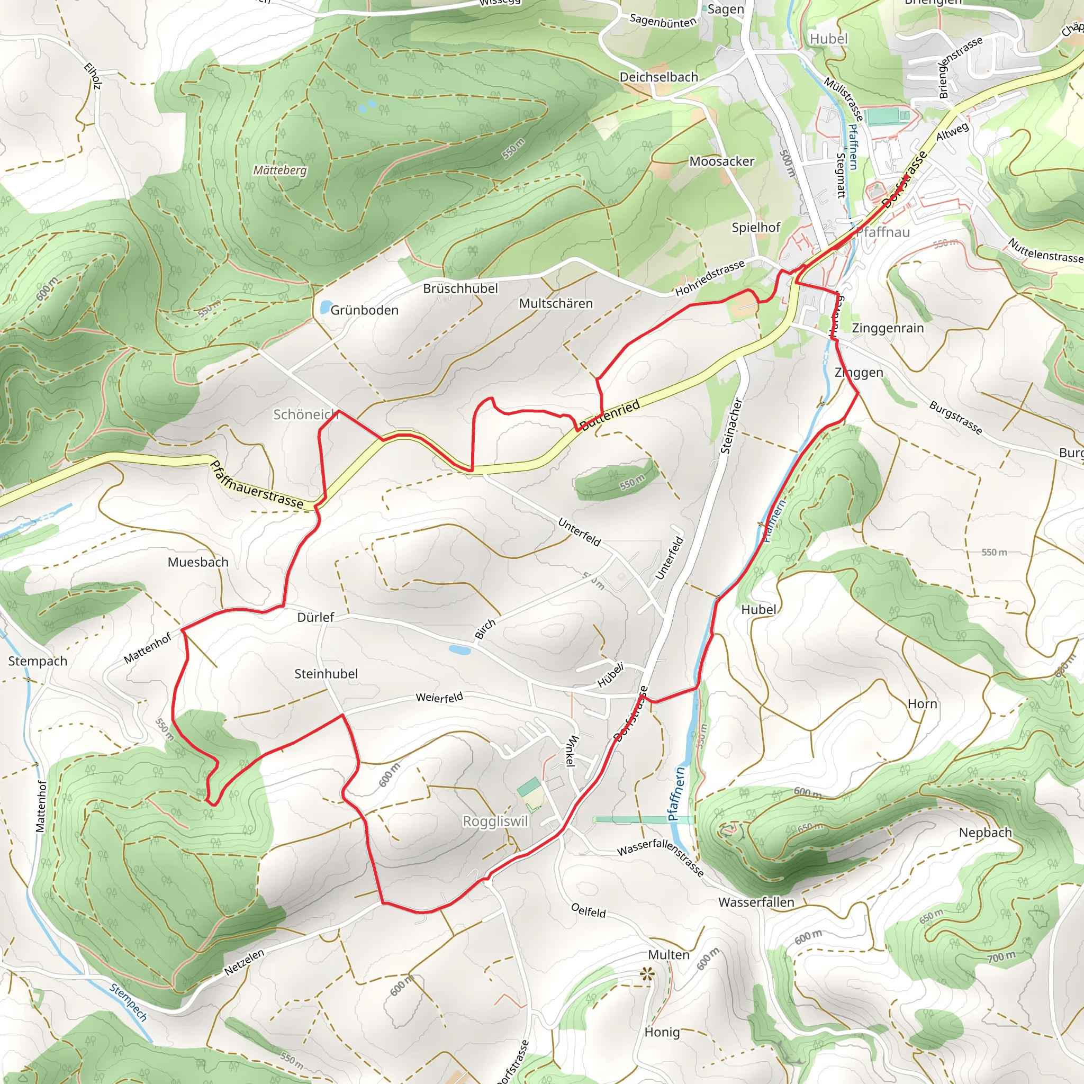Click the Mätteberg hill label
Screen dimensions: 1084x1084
pyautogui.click(x=280, y=170)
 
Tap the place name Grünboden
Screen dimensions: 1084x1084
pyautogui.click(x=364, y=310)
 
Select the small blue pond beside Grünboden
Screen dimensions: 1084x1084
pyautogui.click(x=324, y=307)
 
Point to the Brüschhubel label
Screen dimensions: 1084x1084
pyautogui.click(x=460, y=288)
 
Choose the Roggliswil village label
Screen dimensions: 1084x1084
pyautogui.click(x=495, y=821)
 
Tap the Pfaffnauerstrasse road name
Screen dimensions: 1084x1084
pyautogui.click(x=256, y=485)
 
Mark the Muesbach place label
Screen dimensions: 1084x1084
pyautogui.click(x=198, y=562)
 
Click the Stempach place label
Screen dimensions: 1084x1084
pyautogui.click(x=38, y=661)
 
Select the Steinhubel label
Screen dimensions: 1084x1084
pyautogui.click(x=326, y=674)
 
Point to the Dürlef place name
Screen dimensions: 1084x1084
pyautogui.click(x=315, y=617)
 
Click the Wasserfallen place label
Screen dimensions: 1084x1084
pyautogui.click(x=756, y=902)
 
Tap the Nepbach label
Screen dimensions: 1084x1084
pyautogui.click(x=985, y=833)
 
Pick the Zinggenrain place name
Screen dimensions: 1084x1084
pyautogui.click(x=888, y=328)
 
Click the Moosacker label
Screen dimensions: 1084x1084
pyautogui.click(x=721, y=161)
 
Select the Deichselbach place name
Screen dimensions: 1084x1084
pyautogui.click(x=658, y=77)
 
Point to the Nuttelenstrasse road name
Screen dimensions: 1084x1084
pyautogui.click(x=1045, y=251)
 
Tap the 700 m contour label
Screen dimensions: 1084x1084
pyautogui.click(x=1002, y=956)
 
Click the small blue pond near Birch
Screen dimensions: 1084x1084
pyautogui.click(x=459, y=650)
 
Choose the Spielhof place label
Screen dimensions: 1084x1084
pyautogui.click(x=756, y=227)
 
